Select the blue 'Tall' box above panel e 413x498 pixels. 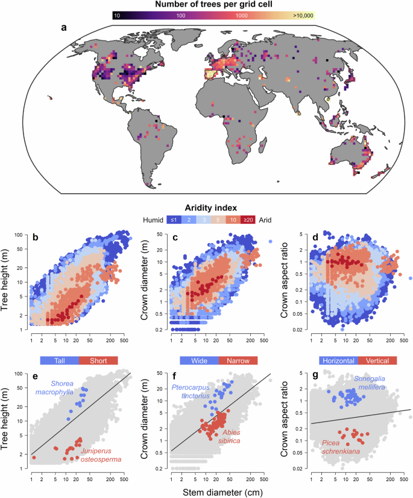60,360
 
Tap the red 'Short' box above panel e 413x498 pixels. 98,360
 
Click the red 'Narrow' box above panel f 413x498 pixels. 238,360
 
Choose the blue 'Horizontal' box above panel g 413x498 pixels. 339,360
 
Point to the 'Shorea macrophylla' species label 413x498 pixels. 71,387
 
